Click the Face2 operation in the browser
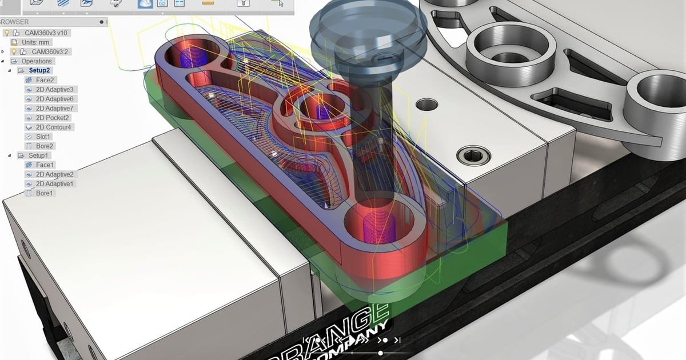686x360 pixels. click(45, 80)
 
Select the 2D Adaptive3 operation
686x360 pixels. click(54, 90)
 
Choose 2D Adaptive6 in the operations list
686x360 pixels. click(54, 99)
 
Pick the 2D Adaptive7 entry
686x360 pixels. click(54, 108)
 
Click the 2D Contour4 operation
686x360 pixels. click(54, 127)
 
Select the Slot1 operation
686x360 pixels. click(43, 137)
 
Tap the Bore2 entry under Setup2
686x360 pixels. click(45, 146)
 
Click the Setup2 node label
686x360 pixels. click(39, 70)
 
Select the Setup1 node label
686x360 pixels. click(39, 155)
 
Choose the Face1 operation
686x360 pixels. click(45, 165)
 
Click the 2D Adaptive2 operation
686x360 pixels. click(54, 174)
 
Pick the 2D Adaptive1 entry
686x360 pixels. click(54, 184)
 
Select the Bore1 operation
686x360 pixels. click(45, 193)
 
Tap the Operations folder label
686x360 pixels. click(37, 61)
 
